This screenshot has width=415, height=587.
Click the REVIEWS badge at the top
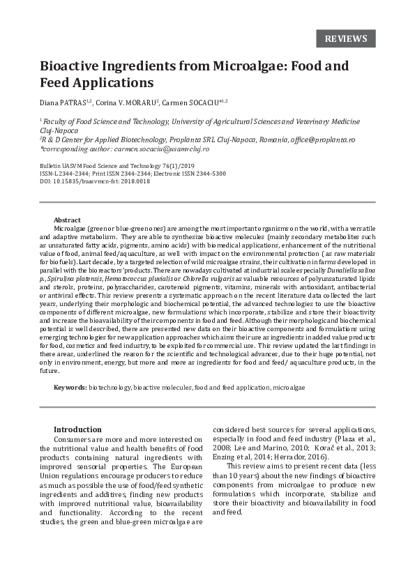(x=346, y=38)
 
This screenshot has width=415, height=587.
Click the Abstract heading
(x=67, y=220)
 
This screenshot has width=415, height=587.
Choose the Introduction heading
(x=77, y=429)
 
